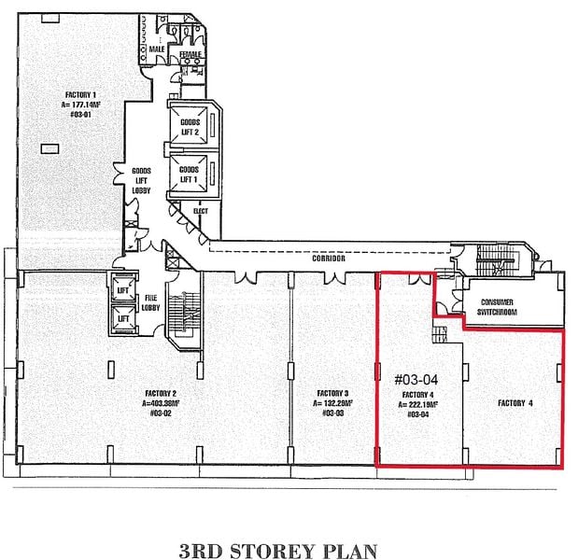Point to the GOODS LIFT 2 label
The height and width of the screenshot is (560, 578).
coord(190,127)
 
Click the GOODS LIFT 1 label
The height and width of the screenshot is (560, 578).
coord(190,175)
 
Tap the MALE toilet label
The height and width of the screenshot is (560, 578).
coord(156,49)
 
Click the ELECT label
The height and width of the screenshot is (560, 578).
coord(199,211)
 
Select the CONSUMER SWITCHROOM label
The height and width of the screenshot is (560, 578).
coord(503,307)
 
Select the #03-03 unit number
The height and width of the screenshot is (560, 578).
coord(333,413)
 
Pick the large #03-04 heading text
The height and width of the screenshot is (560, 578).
coord(417,380)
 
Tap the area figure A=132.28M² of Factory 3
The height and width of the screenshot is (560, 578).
coord(333,403)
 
